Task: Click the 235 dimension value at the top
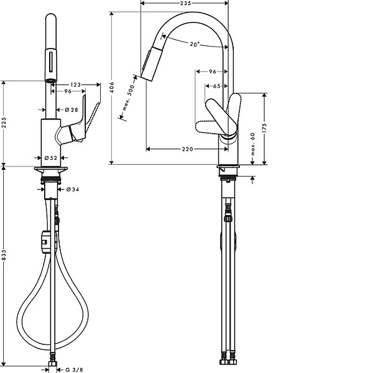pyautogui.click(x=185, y=3)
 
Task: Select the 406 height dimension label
pyautogui.click(x=112, y=87)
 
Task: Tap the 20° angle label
pyautogui.click(x=195, y=44)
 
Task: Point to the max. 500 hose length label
pyautogui.click(x=129, y=98)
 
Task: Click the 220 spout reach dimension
pyautogui.click(x=188, y=149)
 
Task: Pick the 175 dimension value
pyautogui.click(x=265, y=128)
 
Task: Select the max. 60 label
pyautogui.click(x=252, y=144)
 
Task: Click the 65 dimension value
pyautogui.click(x=217, y=86)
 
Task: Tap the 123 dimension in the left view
pyautogui.click(x=76, y=85)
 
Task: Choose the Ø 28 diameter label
pyautogui.click(x=71, y=109)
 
